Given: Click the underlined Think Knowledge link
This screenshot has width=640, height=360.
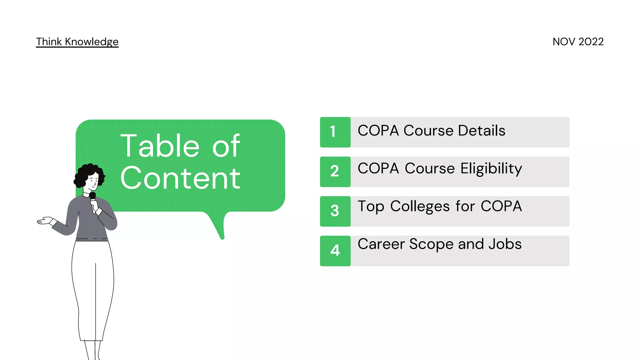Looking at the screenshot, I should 77,42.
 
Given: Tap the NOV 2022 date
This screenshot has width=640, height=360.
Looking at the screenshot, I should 578,42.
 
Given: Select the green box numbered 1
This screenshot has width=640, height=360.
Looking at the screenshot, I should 335,132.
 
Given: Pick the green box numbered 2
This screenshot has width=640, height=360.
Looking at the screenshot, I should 335,172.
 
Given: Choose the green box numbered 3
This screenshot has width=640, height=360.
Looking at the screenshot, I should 335,211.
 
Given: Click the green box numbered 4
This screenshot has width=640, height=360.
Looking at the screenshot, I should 335,251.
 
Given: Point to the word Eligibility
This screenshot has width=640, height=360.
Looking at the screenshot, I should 491,169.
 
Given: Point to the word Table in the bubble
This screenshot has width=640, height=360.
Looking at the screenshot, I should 160,146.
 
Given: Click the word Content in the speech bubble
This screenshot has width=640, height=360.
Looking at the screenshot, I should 180,178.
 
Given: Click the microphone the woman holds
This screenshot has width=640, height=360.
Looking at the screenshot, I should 92,197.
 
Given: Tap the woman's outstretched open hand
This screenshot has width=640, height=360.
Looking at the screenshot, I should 45,221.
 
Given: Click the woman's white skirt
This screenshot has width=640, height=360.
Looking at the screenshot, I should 92,291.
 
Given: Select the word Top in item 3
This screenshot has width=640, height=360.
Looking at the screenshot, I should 371,207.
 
